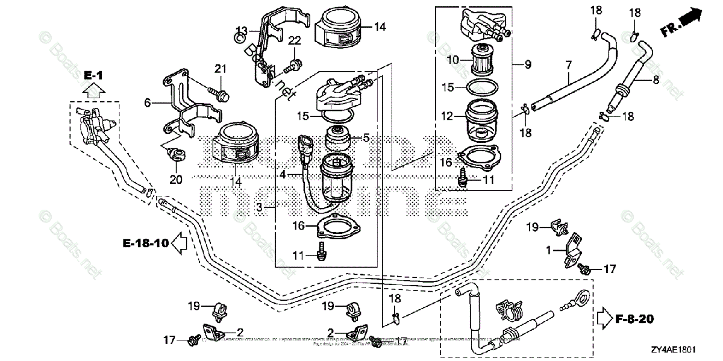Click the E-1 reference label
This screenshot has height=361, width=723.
(x=93, y=75)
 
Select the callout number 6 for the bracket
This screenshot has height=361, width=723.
(x=147, y=103)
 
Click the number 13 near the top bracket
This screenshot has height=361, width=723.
(x=241, y=30)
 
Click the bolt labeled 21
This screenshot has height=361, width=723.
(x=220, y=94)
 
